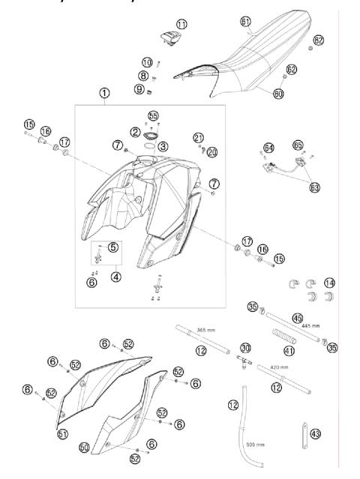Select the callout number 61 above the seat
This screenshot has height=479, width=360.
[x=246, y=22]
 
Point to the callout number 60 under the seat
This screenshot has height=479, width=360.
[x=278, y=95]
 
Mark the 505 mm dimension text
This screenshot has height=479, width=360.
[x=253, y=444]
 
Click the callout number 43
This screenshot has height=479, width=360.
[x=315, y=433]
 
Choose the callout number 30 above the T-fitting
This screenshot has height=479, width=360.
[x=245, y=347]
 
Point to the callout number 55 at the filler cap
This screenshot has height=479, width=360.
[x=154, y=117]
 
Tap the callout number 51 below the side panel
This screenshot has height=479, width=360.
[x=63, y=433]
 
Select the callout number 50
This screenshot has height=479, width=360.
[x=84, y=447]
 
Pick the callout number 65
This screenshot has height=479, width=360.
[x=298, y=143]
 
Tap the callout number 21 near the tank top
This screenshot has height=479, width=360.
[x=198, y=137]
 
